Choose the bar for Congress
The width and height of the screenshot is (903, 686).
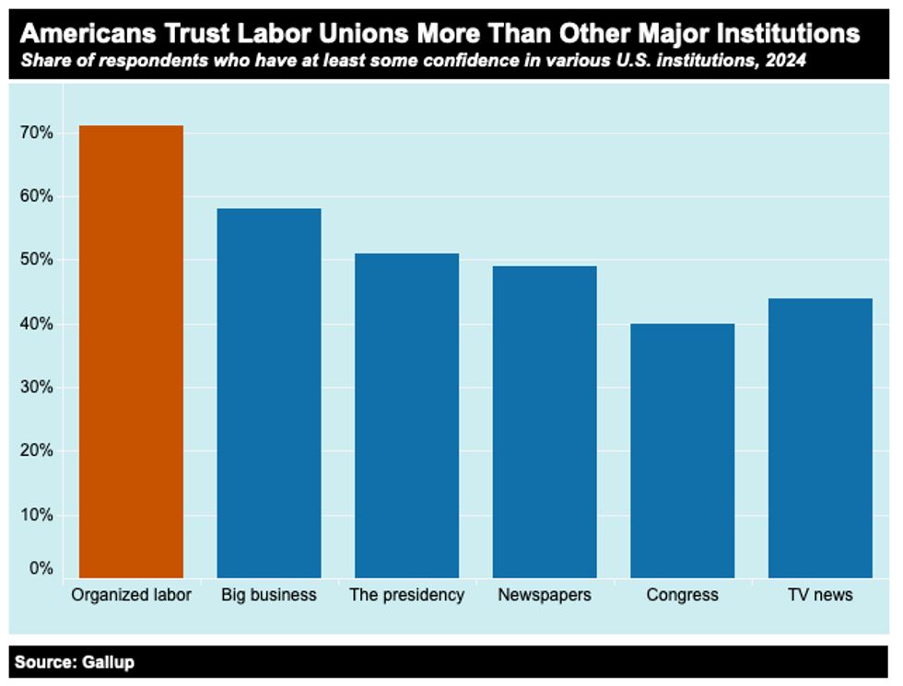click(683, 450)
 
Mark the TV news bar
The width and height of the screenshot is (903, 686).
click(820, 438)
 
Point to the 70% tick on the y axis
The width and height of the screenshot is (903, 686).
click(36, 134)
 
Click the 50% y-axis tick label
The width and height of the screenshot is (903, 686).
click(36, 261)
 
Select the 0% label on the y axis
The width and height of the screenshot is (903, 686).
click(40, 569)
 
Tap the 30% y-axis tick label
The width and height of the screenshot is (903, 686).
click(36, 388)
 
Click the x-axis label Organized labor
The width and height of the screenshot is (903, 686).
click(131, 595)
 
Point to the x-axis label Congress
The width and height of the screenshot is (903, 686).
click(683, 595)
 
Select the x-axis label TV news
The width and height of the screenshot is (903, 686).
click(820, 595)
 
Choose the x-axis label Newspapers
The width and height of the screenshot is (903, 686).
click(545, 595)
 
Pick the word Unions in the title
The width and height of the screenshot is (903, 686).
click(366, 34)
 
